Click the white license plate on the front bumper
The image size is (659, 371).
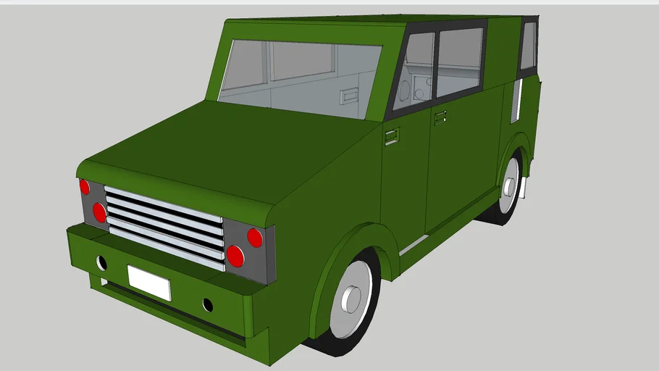click(x=149, y=283)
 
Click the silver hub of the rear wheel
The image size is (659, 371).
click(x=510, y=186)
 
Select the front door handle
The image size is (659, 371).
click(x=392, y=136)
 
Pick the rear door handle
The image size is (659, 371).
click(x=440, y=117)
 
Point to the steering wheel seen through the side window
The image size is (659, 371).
click(x=404, y=91)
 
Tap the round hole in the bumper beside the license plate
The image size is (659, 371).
click(x=208, y=305)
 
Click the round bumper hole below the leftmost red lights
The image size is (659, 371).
click(x=101, y=262)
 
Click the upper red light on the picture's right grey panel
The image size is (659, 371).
click(x=255, y=238)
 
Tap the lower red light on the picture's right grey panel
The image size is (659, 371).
click(x=235, y=256)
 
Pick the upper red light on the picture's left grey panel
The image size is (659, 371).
click(x=85, y=187)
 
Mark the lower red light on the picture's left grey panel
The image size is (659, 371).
click(x=99, y=212)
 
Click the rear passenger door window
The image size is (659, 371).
click(x=459, y=61)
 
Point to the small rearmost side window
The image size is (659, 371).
click(x=528, y=46)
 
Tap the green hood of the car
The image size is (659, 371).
click(x=217, y=152)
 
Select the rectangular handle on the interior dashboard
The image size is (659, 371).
click(x=351, y=94)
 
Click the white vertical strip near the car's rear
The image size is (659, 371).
click(x=516, y=101)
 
